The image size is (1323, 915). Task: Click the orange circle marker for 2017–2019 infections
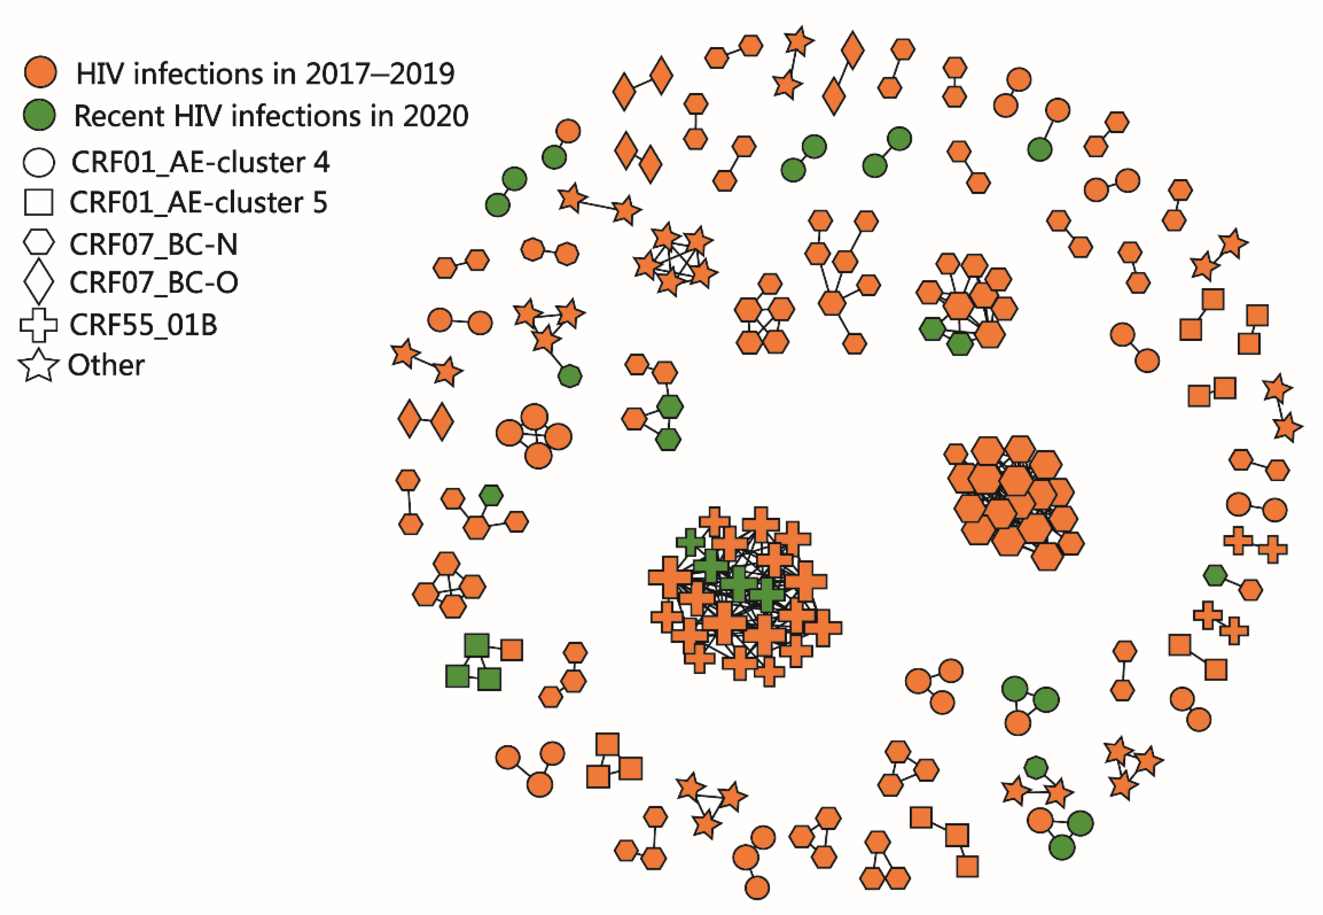coord(40,72)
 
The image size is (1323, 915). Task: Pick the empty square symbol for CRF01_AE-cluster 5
coord(38,202)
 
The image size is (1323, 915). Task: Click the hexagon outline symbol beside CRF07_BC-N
coord(38,243)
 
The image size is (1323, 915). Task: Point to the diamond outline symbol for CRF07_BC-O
coord(38,281)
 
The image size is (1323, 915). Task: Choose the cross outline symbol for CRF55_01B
coord(38,325)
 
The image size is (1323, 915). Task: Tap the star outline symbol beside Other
coord(38,365)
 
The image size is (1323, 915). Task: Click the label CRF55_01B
coord(143,325)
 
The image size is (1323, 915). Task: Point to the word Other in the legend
coord(106,365)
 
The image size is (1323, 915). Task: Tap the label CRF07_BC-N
coord(153,244)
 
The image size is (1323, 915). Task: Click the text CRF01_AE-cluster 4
coord(200,162)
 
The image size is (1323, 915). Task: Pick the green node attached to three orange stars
coord(569,376)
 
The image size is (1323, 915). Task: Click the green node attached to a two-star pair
coord(1036,767)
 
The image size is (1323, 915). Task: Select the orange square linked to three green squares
coord(511,650)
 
